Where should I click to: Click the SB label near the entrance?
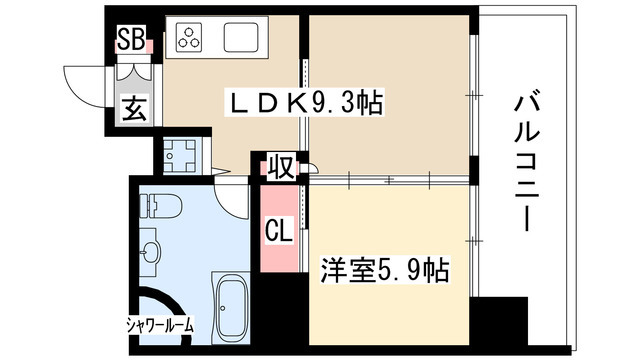tap(129, 40)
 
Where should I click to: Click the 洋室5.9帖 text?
tap(384, 270)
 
